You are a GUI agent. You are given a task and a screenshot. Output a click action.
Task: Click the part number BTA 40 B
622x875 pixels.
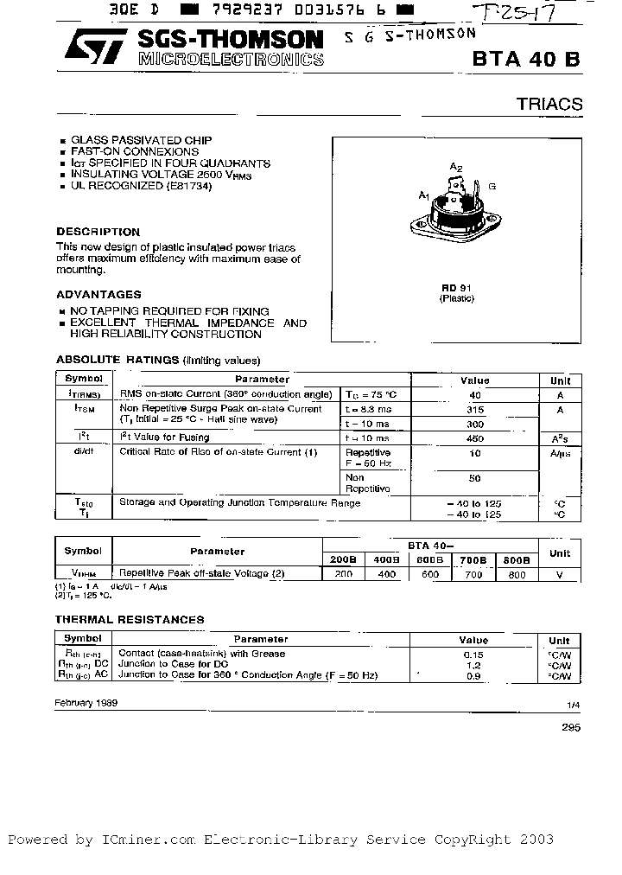(526, 60)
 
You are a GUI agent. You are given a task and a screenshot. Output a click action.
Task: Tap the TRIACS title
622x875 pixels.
(549, 105)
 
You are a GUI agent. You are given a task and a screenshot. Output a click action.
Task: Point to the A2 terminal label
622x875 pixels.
(456, 166)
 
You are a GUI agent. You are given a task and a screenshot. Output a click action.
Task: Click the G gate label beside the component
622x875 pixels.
(492, 186)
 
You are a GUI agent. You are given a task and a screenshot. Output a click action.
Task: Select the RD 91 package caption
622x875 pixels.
(455, 287)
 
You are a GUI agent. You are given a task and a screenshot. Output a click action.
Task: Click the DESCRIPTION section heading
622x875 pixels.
(98, 232)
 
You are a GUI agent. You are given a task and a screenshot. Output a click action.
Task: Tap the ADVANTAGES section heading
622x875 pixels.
(98, 294)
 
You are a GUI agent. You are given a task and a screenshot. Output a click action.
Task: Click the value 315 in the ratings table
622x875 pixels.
(474, 410)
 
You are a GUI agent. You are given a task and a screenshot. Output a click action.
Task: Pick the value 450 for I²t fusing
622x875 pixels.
(474, 437)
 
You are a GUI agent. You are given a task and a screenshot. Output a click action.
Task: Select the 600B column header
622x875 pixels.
(429, 559)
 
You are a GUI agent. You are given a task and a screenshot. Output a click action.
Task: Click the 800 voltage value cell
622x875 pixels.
(516, 573)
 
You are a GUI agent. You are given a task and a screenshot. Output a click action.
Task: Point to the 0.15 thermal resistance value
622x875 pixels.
(473, 655)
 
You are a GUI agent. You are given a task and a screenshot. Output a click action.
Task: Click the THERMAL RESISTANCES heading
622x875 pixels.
(130, 619)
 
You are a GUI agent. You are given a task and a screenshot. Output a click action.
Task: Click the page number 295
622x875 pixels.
(570, 727)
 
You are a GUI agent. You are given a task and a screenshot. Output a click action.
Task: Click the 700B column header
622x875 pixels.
(474, 559)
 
